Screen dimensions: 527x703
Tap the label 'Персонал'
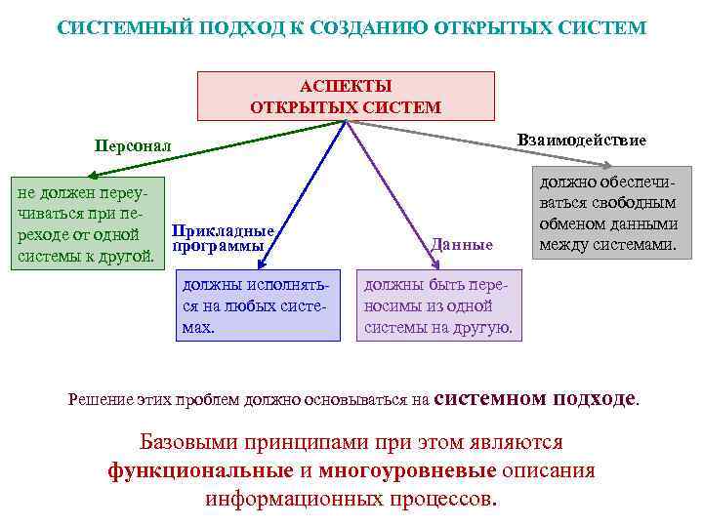click(x=132, y=145)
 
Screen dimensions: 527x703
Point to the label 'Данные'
click(x=462, y=244)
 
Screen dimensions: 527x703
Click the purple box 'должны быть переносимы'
click(x=438, y=305)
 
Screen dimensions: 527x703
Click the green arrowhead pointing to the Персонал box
click(x=91, y=177)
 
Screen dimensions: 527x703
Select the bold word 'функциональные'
click(x=201, y=470)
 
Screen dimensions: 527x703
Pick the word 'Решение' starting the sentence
click(x=98, y=399)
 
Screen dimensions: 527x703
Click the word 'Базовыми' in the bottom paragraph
click(x=191, y=442)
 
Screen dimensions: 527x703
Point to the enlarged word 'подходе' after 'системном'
click(x=595, y=397)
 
